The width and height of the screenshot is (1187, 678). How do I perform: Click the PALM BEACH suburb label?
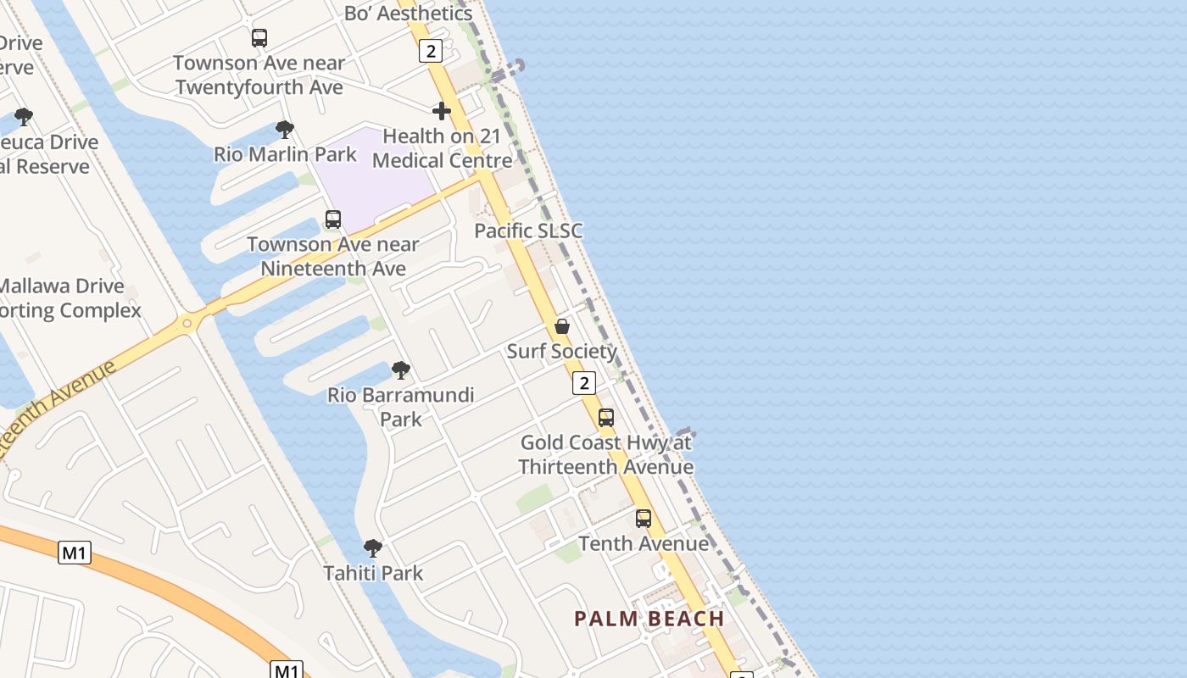(649, 619)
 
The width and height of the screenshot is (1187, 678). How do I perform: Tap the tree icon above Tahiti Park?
(373, 548)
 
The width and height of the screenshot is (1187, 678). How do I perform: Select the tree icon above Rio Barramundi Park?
(401, 370)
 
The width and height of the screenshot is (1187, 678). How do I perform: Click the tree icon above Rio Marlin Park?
(285, 130)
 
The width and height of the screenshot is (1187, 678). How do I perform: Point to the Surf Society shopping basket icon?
(561, 326)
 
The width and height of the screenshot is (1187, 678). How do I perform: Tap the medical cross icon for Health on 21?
(441, 111)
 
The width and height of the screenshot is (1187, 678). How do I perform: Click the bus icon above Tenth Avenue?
(644, 518)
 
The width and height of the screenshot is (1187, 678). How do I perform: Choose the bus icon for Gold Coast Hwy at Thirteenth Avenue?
(605, 417)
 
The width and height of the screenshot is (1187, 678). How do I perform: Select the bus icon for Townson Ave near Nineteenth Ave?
(333, 220)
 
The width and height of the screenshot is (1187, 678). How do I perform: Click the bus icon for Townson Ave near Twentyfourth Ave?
(259, 38)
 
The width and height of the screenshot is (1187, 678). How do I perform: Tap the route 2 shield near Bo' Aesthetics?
(431, 51)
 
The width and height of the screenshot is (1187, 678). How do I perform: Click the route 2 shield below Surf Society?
(583, 383)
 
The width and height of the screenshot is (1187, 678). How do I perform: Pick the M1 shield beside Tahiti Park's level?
(75, 553)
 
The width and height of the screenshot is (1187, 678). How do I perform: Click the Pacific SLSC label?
(528, 231)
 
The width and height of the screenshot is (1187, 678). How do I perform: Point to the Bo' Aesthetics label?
(408, 13)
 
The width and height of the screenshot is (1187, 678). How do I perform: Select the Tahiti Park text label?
(373, 574)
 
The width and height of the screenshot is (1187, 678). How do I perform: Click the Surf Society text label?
(561, 351)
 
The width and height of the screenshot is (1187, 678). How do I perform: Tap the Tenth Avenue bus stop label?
(644, 543)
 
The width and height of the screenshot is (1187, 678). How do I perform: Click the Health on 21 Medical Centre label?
(442, 148)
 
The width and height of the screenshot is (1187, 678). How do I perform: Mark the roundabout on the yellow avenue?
(188, 322)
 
